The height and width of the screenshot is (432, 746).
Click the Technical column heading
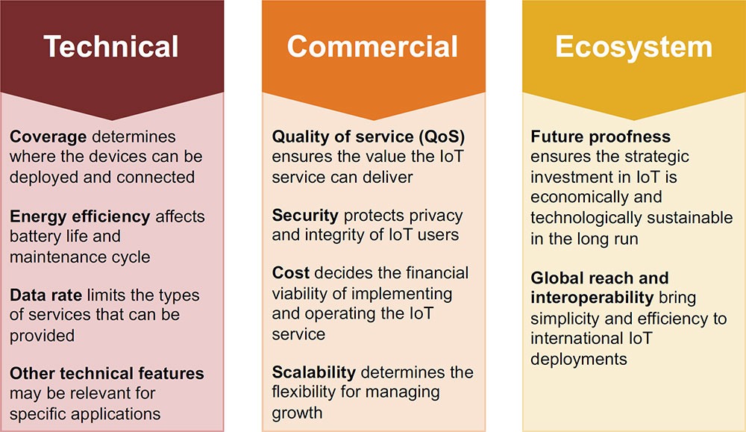(x=111, y=46)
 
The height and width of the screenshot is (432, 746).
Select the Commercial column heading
(x=372, y=46)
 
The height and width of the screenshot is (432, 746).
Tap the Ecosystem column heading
(x=633, y=47)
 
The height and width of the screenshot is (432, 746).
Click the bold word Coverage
(x=48, y=137)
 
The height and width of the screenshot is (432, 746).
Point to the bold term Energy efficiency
(x=80, y=217)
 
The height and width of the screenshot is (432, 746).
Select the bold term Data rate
(x=46, y=295)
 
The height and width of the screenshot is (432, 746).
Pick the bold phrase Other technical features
(x=107, y=373)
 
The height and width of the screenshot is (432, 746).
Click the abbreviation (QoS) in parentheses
(x=442, y=137)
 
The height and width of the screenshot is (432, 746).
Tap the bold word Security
(x=305, y=216)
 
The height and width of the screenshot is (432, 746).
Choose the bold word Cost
(x=291, y=272)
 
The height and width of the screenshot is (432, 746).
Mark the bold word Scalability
(x=314, y=372)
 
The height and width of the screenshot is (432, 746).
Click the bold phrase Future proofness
(x=601, y=137)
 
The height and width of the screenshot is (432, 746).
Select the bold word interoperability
(x=592, y=298)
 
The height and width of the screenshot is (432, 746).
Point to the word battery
(x=35, y=237)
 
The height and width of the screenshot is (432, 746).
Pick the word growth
(x=297, y=413)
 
